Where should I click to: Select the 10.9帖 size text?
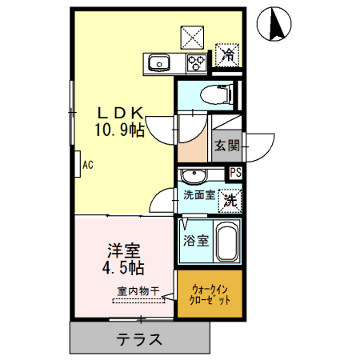tap(121, 129)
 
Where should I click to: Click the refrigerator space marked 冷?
tap(228, 55)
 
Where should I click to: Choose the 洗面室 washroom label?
tap(198, 194)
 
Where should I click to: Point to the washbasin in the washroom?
tap(192, 175)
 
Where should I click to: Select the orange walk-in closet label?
tap(209, 295)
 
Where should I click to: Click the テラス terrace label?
tap(141, 339)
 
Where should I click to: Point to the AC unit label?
tap(88, 166)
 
